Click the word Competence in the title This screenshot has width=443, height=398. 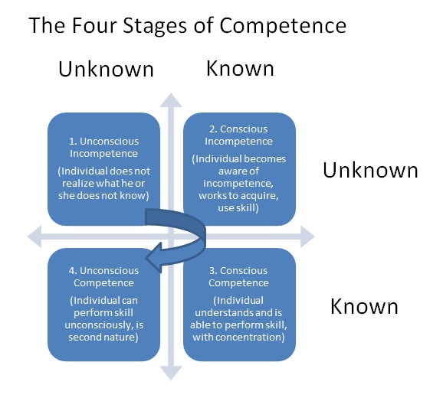tap(283, 26)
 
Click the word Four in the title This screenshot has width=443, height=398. tap(94, 25)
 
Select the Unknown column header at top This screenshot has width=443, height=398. tap(106, 69)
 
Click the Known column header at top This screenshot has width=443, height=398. tap(240, 69)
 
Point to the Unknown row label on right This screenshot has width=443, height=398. tap(370, 170)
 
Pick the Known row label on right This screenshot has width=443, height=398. tap(364, 306)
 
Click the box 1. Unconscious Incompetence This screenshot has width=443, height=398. tap(103, 169)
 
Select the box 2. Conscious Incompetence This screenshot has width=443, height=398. tap(239, 169)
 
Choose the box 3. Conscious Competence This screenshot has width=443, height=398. tap(239, 305)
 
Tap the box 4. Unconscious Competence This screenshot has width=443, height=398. tap(103, 305)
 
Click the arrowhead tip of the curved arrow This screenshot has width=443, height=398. tap(146, 258)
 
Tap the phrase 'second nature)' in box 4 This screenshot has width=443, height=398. tap(103, 338)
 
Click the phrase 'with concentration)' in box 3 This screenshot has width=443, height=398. tap(238, 338)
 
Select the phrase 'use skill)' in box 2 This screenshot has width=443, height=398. tap(238, 208)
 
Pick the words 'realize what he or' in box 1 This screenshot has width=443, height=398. tap(103, 184)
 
